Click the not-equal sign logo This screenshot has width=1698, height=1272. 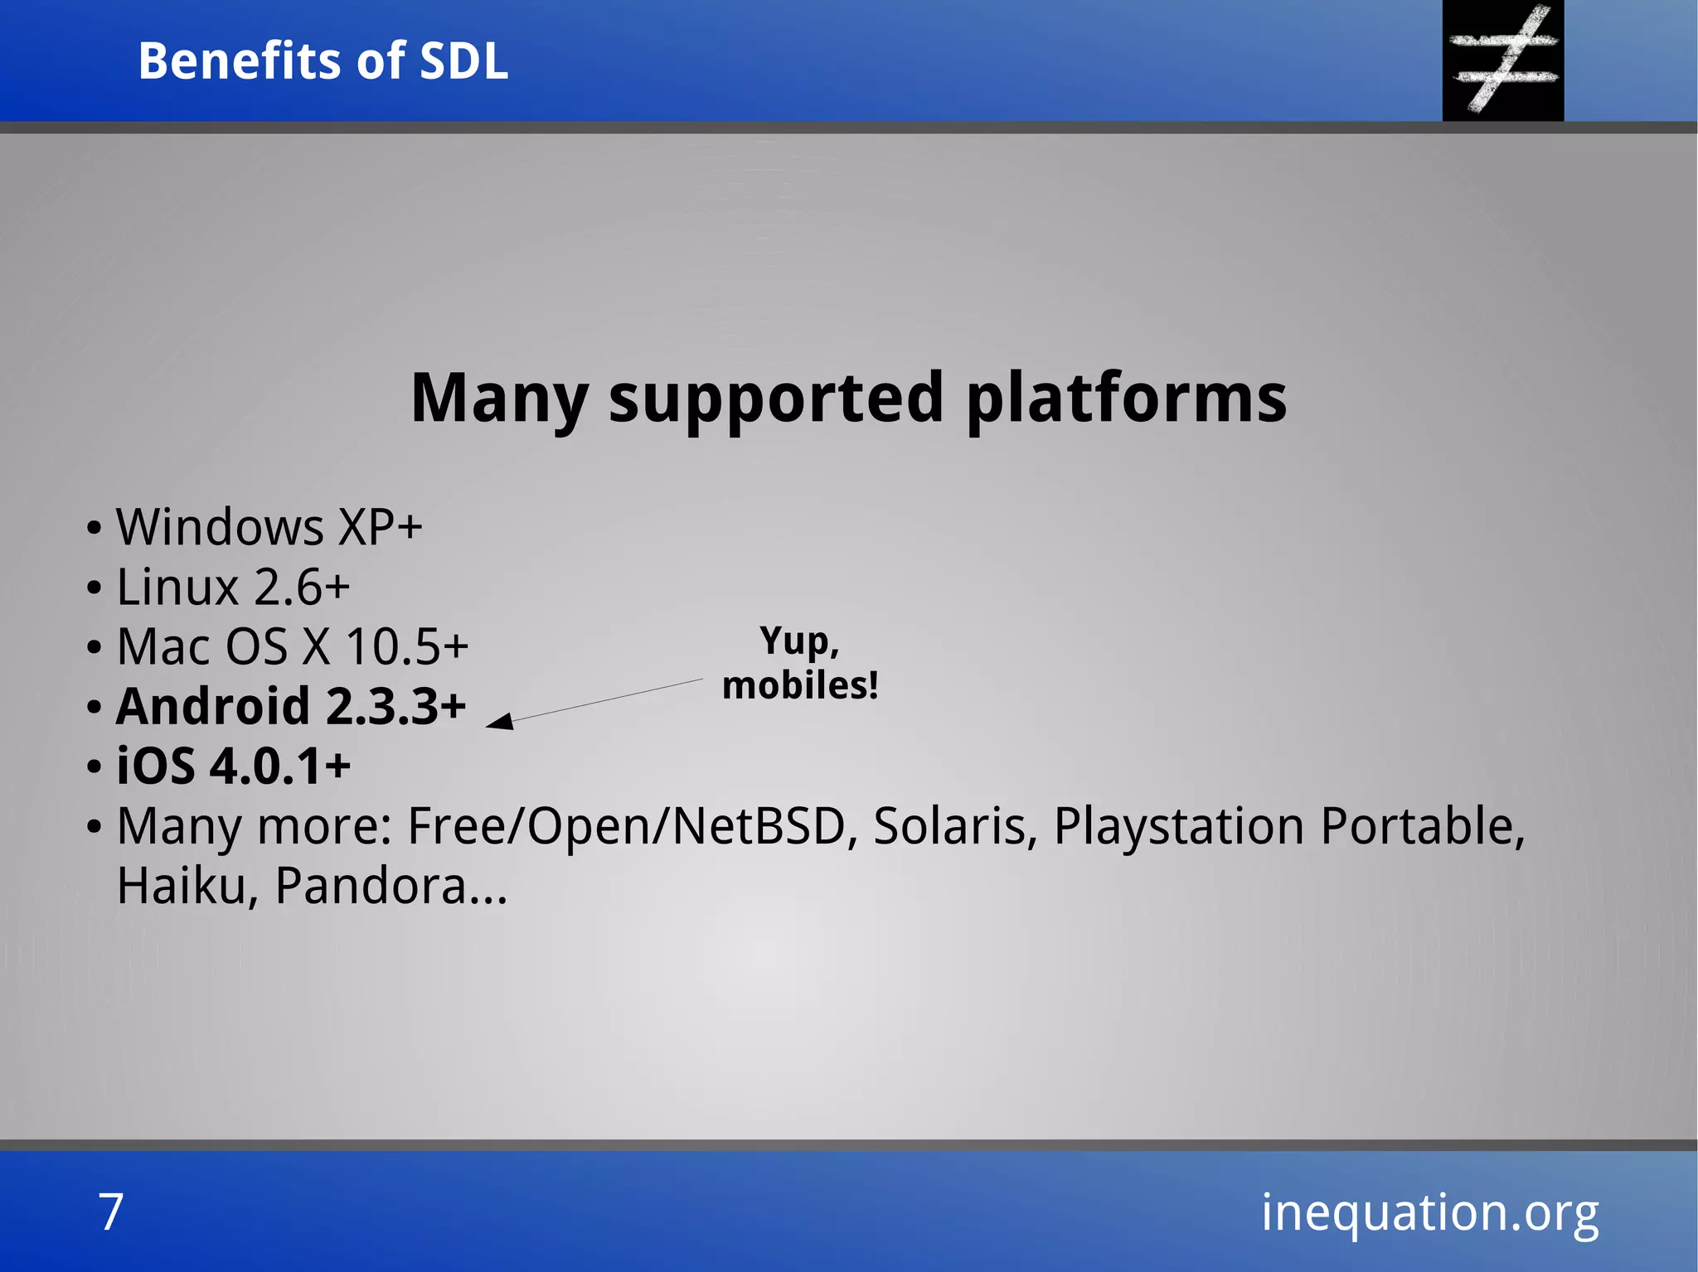pyautogui.click(x=1503, y=60)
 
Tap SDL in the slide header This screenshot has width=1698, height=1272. pyautogui.click(x=463, y=61)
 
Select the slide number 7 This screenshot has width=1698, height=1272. pyautogui.click(x=111, y=1212)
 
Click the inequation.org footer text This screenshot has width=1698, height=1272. pyautogui.click(x=1429, y=1212)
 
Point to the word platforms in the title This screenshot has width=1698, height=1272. pyautogui.click(x=1126, y=399)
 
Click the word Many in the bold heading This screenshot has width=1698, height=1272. pyautogui.click(x=499, y=399)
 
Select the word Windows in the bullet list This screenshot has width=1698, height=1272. pyautogui.click(x=220, y=527)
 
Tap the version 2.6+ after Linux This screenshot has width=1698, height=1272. pyautogui.click(x=302, y=588)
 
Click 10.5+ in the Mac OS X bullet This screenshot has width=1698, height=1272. pyautogui.click(x=406, y=647)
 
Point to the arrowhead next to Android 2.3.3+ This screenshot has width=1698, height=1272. pyautogui.click(x=500, y=722)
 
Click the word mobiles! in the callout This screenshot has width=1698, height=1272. pyautogui.click(x=799, y=686)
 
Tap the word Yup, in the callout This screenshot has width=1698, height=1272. pyautogui.click(x=799, y=641)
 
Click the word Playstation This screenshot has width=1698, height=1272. pyautogui.click(x=1178, y=827)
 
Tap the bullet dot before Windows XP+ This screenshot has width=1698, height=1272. pyautogui.click(x=94, y=529)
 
